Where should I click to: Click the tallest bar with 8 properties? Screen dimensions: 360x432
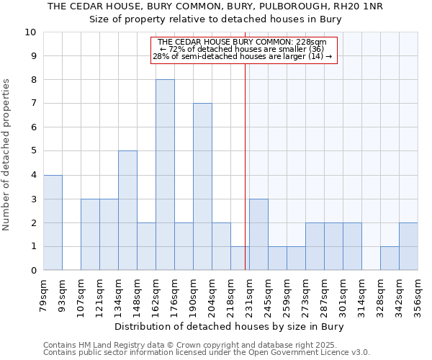click(x=165, y=175)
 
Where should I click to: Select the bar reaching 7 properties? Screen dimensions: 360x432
click(x=202, y=186)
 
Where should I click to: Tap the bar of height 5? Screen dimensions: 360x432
click(x=127, y=210)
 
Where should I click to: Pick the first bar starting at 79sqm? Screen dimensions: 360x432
click(x=53, y=222)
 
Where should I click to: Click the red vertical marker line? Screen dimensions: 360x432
click(x=246, y=166)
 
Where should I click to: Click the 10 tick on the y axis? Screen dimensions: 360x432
click(x=30, y=32)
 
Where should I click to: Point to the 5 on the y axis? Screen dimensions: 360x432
click(x=32, y=151)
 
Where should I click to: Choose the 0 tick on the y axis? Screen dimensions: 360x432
click(x=32, y=270)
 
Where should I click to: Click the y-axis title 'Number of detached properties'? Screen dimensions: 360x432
click(x=7, y=156)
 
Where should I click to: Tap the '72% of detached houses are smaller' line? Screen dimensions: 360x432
click(x=242, y=50)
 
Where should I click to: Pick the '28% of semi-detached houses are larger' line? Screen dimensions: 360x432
click(x=242, y=57)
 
